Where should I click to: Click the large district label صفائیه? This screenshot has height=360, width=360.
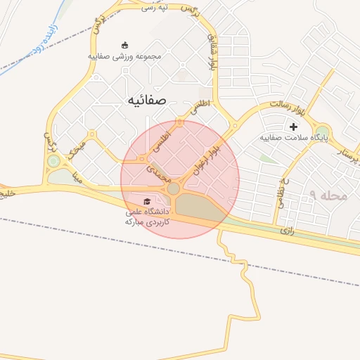146,101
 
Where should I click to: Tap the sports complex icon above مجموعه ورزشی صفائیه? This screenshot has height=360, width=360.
125,46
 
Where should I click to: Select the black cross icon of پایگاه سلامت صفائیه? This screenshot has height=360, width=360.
293,127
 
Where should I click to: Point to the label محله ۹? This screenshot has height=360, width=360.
328,195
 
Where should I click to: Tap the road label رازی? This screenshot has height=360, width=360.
286,230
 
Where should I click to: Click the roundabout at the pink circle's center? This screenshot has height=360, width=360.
174,188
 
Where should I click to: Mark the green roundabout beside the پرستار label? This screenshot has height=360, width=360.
322,131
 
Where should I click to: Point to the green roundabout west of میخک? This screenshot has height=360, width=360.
53,162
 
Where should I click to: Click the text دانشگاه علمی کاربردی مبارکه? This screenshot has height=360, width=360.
147,216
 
